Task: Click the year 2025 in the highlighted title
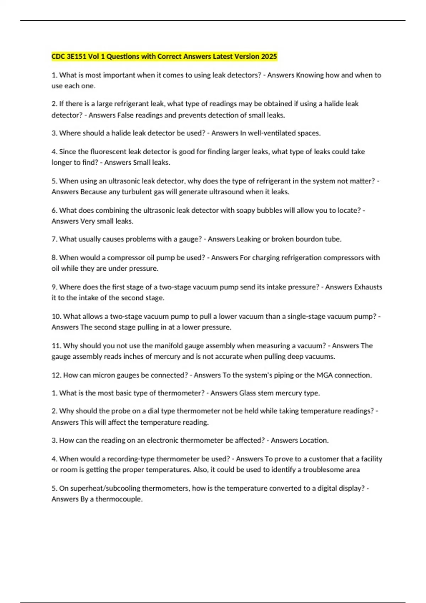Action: [x=269, y=56]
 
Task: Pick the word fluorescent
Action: [x=108, y=151]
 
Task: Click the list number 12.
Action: [x=56, y=375]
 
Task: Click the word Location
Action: [x=314, y=440]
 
